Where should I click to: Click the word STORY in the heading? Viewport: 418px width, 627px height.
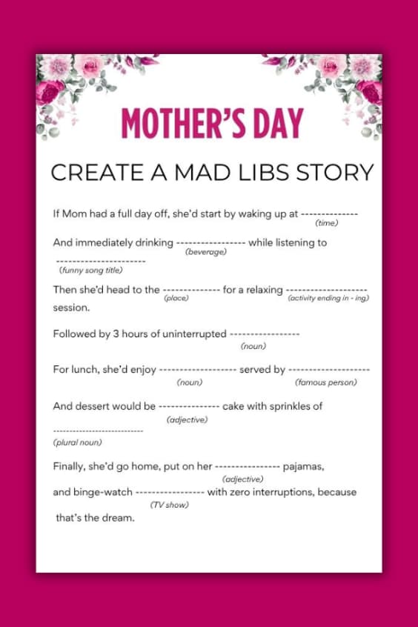[336, 173]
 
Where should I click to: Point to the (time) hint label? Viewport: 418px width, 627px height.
[326, 223]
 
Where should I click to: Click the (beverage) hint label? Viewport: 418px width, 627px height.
[205, 252]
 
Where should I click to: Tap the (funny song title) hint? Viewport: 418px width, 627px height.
[90, 270]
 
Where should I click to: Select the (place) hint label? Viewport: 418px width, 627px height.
[176, 298]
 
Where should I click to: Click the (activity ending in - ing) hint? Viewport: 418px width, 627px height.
[328, 298]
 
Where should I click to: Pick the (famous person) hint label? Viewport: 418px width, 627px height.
[326, 382]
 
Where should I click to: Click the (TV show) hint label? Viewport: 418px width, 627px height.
[169, 505]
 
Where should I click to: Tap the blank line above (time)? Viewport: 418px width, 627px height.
[329, 213]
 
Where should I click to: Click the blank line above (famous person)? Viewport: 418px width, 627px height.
[328, 370]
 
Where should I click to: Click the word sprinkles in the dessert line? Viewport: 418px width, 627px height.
[282, 406]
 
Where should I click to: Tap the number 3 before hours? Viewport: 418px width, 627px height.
[116, 334]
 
